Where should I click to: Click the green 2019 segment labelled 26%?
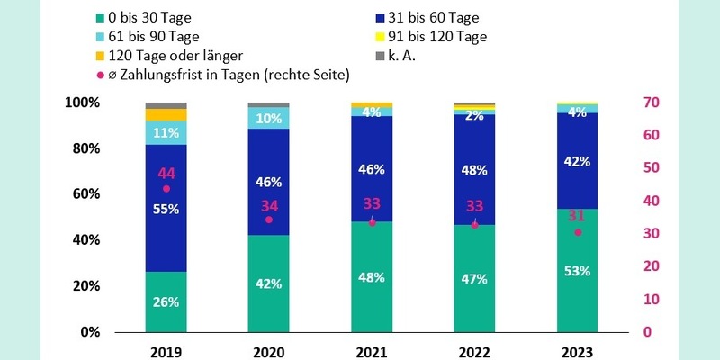[x=166, y=301]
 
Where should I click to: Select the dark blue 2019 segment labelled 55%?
[x=166, y=208]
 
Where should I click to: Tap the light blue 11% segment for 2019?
[x=166, y=132]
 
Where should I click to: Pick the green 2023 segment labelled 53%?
[x=578, y=270]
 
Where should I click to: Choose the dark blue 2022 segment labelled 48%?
[x=475, y=169]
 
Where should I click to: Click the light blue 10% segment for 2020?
[x=269, y=118]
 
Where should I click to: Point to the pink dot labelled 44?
[x=166, y=189]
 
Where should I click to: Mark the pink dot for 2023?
[x=578, y=232]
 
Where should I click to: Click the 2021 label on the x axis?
[x=372, y=352]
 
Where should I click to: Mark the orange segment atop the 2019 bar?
[x=166, y=114]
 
